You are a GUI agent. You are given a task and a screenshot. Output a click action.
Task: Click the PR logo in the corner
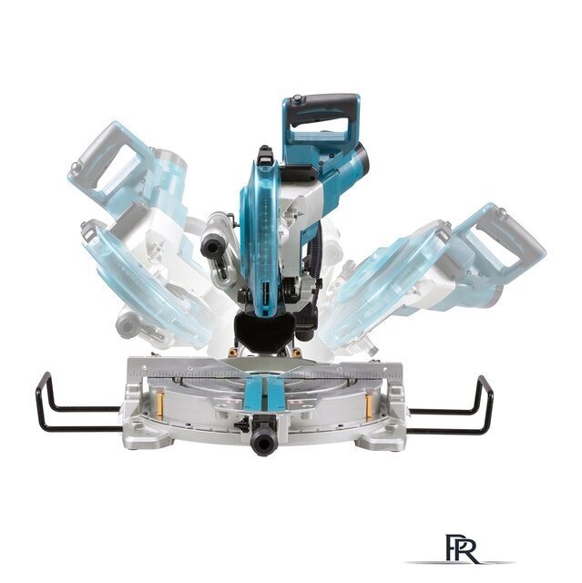coord(459,547)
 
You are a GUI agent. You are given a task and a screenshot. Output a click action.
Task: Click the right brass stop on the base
coord(370,402)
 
